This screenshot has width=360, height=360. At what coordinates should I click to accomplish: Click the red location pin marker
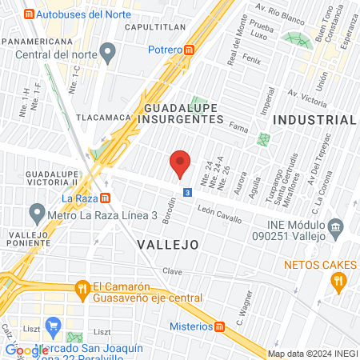pyautogui.click(x=180, y=164)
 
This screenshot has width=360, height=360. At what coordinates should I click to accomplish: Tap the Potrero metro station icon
pyautogui.click(x=189, y=50)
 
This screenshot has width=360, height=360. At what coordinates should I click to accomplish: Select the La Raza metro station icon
pyautogui.click(x=106, y=198)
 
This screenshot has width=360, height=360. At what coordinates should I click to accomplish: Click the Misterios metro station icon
pyautogui.click(x=220, y=326)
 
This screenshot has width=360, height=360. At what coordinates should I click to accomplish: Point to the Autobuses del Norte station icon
pyautogui.click(x=30, y=14)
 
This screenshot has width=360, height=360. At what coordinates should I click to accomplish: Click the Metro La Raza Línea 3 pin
pyautogui.click(x=36, y=213)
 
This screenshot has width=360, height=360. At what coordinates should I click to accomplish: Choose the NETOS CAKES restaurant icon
pyautogui.click(x=338, y=279)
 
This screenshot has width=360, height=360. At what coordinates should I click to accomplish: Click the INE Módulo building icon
pyautogui.click(x=335, y=227)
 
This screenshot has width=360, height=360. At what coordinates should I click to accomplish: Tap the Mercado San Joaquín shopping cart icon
pyautogui.click(x=54, y=326)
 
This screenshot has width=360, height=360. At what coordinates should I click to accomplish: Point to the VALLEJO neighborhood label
pyautogui.click(x=166, y=243)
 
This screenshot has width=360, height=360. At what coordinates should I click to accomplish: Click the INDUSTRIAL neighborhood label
pyautogui.click(x=314, y=119)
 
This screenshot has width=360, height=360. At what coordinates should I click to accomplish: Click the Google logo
pyautogui.click(x=27, y=350)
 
